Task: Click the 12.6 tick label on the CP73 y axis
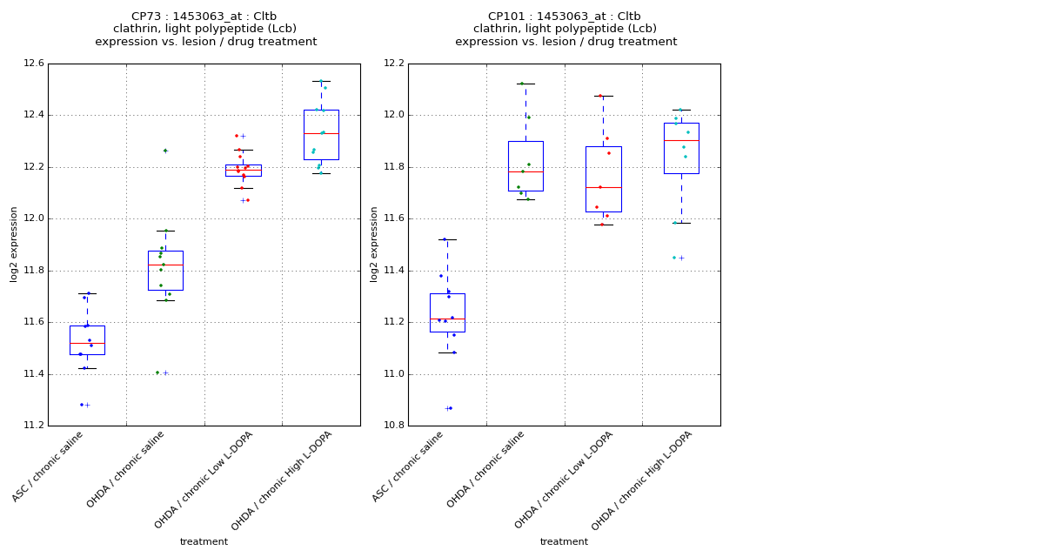[34, 64]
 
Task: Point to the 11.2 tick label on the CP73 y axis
[34, 426]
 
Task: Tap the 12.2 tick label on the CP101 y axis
[394, 64]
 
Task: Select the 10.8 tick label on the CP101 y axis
[394, 426]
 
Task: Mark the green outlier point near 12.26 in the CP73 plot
[165, 151]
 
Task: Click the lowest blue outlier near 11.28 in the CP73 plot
[82, 405]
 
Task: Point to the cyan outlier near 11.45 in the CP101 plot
[674, 258]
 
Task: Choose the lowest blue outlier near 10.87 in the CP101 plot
[450, 408]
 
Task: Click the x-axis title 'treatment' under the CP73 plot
[204, 542]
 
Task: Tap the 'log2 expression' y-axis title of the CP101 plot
[374, 244]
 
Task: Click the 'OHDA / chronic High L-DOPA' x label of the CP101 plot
[643, 480]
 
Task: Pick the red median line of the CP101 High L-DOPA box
[681, 140]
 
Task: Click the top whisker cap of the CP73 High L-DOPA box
[321, 81]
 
